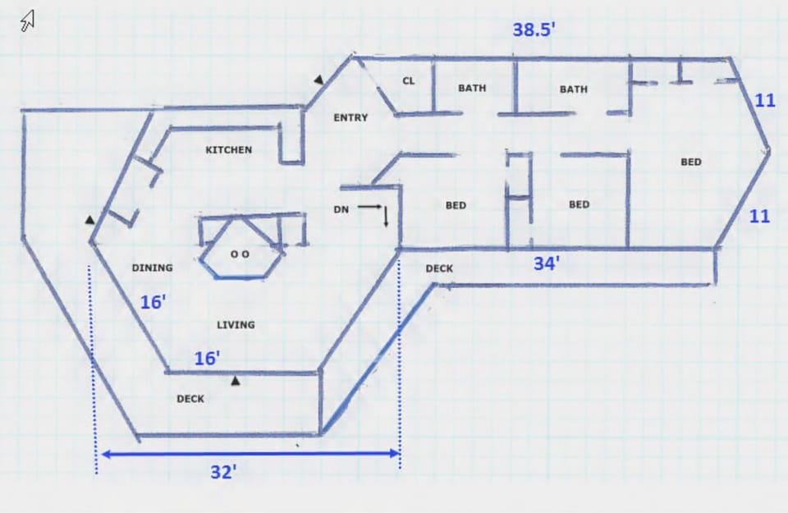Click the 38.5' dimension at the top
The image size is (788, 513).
[534, 30]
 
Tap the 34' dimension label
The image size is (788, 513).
[546, 264]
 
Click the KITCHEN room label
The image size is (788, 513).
[228, 150]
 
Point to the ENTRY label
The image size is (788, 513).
[350, 118]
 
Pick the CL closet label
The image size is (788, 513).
[408, 81]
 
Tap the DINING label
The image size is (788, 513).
[152, 268]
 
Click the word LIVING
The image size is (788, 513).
[236, 325]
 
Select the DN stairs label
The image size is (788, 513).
[341, 210]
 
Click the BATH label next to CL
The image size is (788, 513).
[472, 89]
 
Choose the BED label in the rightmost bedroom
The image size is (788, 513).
[691, 163]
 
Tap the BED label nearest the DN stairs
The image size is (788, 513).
[456, 205]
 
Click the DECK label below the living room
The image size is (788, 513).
[190, 400]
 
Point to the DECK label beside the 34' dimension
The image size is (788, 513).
[439, 268]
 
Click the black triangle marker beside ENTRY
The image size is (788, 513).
[318, 80]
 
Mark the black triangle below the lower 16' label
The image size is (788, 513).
[236, 380]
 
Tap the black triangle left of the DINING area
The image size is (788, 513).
[89, 220]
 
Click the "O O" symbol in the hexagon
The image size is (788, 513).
[240, 254]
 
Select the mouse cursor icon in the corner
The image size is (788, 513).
[28, 20]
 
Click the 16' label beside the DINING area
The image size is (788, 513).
[153, 302]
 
